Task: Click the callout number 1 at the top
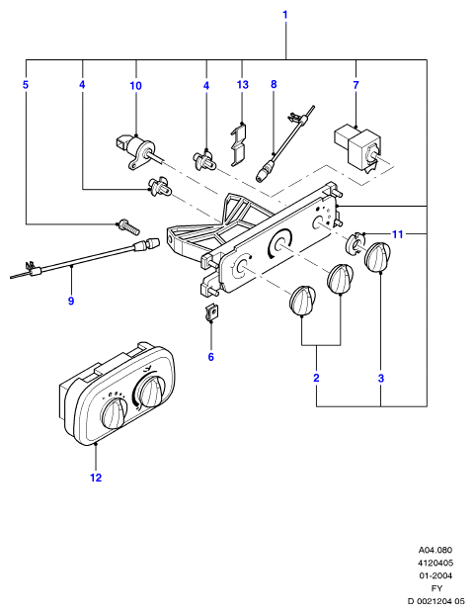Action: click(285, 15)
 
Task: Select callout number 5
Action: click(26, 85)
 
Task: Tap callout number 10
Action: click(135, 85)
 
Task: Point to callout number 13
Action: click(242, 85)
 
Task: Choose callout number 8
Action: click(274, 84)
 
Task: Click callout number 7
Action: click(356, 85)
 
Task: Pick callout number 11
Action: click(397, 234)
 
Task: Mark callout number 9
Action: click(71, 301)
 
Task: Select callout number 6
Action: click(210, 357)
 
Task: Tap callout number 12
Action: click(96, 478)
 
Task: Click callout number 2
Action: click(316, 378)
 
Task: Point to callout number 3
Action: click(381, 379)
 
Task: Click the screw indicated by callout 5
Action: click(128, 226)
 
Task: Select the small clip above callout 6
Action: click(211, 312)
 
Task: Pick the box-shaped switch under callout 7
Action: click(356, 148)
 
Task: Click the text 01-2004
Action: click(435, 575)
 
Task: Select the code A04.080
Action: click(435, 550)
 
